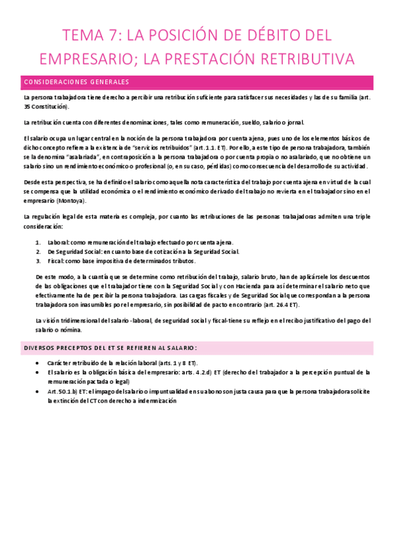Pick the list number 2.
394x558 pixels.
click(x=37, y=251)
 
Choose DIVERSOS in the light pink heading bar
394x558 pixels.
click(x=40, y=347)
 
